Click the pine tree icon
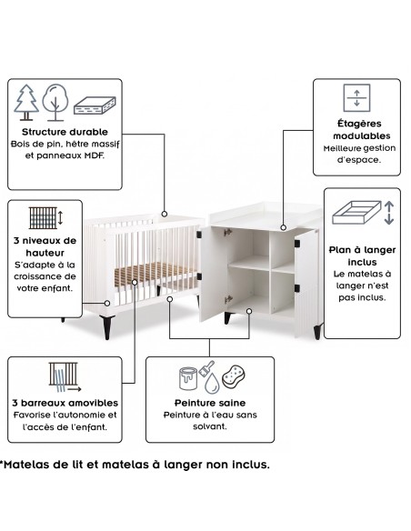click(x=26, y=103)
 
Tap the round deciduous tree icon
click(x=55, y=102)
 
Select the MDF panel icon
click(x=95, y=105)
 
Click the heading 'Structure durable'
click(x=65, y=132)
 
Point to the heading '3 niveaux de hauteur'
click(x=45, y=246)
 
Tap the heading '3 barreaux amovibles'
click(x=65, y=403)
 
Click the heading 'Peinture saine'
click(x=210, y=403)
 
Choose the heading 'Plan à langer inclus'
click(x=362, y=255)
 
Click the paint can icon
click(x=188, y=378)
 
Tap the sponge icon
click(x=234, y=376)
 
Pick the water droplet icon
click(x=212, y=383)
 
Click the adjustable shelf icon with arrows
click(x=356, y=98)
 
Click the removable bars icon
click(x=65, y=377)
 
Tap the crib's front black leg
click(x=107, y=327)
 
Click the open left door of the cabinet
click(x=213, y=275)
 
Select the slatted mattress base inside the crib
click(x=153, y=273)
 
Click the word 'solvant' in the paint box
click(x=210, y=426)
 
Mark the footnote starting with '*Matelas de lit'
click(x=135, y=465)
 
